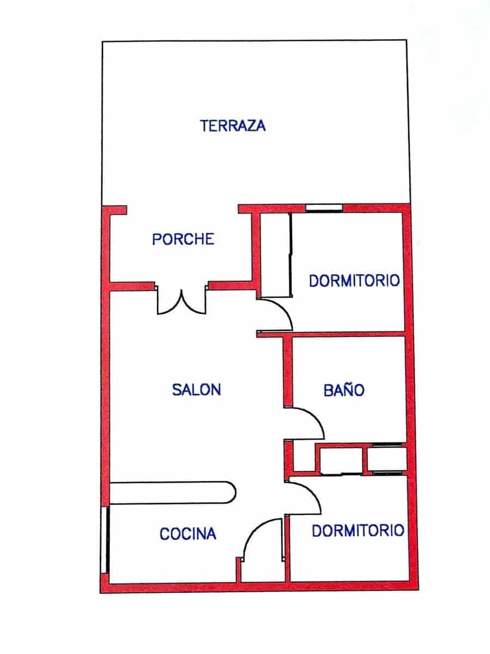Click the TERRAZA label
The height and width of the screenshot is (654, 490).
[x=233, y=126]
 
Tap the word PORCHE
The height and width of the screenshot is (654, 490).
[x=183, y=239]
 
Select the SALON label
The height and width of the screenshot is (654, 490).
[x=196, y=390]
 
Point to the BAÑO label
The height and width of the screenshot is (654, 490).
[x=343, y=390]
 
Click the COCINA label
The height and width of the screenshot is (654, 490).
[x=188, y=534]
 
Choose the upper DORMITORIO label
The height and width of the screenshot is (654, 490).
[x=354, y=281]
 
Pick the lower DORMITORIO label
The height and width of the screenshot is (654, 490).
[x=358, y=530]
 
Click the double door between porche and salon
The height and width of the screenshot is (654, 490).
[x=182, y=302]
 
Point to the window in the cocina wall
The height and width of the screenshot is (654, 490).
[x=105, y=540]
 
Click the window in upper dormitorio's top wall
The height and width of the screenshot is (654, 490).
[x=324, y=208]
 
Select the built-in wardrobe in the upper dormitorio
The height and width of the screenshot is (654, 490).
[x=275, y=255]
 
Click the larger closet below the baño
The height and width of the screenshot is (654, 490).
[x=341, y=459]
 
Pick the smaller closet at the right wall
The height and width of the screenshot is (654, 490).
[x=387, y=459]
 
